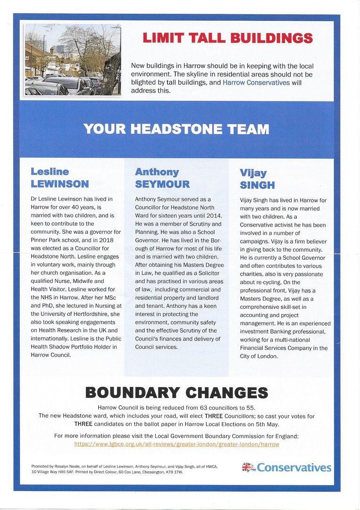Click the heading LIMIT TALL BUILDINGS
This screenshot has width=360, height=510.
pos(227,38)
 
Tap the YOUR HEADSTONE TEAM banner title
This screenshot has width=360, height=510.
pos(176,129)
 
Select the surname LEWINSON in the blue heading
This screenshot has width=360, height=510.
pos(59,184)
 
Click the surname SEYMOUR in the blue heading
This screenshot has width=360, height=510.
pos(162,184)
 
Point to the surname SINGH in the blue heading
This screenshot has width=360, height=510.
pos(258,185)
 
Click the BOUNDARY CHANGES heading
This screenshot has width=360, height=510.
pos(176,392)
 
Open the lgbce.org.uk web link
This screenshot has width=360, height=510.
pos(176,444)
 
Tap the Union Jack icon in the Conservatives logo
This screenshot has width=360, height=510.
pos(248,467)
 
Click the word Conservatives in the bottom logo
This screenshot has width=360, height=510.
pos(294,467)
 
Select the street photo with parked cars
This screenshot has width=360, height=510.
pos(73,59)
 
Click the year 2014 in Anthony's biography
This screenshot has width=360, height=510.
pos(213,216)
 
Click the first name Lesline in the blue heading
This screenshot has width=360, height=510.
pos(50,171)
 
